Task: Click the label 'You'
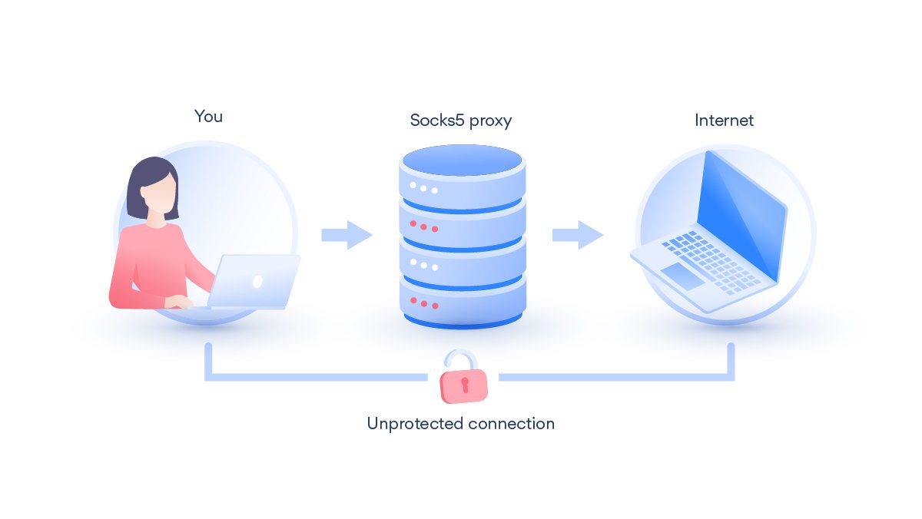pyautogui.click(x=208, y=117)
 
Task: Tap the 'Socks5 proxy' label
pyautogui.click(x=460, y=121)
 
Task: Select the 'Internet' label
pyautogui.click(x=724, y=120)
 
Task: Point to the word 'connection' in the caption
pyautogui.click(x=511, y=424)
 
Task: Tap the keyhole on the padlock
pyautogui.click(x=465, y=385)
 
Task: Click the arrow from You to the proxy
pyautogui.click(x=347, y=235)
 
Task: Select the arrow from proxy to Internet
pyautogui.click(x=578, y=235)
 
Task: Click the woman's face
pyautogui.click(x=158, y=195)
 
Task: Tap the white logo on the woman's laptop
pyautogui.click(x=257, y=282)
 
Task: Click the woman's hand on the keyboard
pyautogui.click(x=178, y=302)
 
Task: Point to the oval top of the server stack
pyautogui.click(x=463, y=160)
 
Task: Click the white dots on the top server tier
pyautogui.click(x=423, y=188)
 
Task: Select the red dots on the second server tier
pyautogui.click(x=423, y=226)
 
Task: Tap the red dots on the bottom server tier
pyautogui.click(x=424, y=303)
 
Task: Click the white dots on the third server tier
pyautogui.click(x=424, y=264)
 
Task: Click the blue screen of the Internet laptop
pyautogui.click(x=741, y=215)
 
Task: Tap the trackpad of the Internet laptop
pyautogui.click(x=682, y=276)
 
